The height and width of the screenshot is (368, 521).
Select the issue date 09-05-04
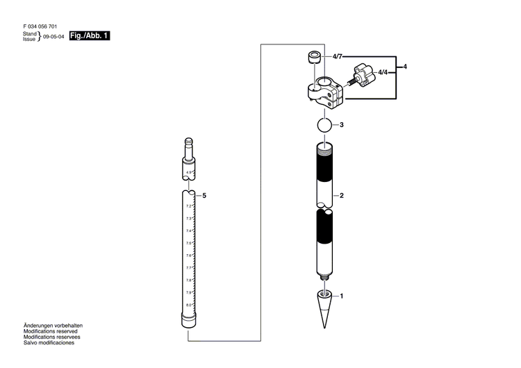click(54, 37)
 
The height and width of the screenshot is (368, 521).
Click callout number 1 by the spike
click(341, 296)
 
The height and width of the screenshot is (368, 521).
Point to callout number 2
click(341, 196)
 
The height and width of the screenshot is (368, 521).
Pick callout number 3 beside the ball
click(341, 126)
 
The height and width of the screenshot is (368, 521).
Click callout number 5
click(204, 196)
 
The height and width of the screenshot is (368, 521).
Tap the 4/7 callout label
click(338, 56)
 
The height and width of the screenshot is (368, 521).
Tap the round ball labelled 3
click(324, 126)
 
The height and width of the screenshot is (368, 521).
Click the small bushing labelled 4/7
click(314, 57)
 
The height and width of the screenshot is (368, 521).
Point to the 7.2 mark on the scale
click(188, 206)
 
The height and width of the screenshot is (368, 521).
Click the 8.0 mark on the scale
click(188, 306)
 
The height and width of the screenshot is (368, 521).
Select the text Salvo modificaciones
click(49, 343)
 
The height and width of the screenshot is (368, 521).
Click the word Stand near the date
click(29, 33)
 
